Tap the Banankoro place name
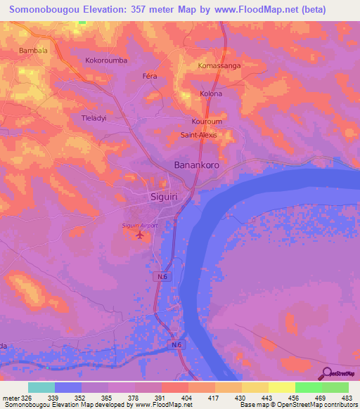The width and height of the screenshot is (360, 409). [x=197, y=165]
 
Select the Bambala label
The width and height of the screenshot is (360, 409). [x=33, y=51]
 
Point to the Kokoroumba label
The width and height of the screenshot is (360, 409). [x=106, y=60]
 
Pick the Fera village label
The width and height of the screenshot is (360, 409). [x=149, y=75]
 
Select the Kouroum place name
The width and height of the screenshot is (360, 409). [x=206, y=121]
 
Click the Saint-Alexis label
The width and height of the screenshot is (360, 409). [x=199, y=134]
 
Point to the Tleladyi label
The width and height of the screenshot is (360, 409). [x=94, y=118]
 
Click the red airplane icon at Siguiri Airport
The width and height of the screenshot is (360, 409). [x=139, y=235]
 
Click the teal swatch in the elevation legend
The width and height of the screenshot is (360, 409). [x=41, y=387]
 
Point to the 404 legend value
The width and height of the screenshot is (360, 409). [x=188, y=398]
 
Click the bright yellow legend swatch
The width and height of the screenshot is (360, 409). [x=281, y=387]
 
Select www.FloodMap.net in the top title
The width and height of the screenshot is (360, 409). [x=251, y=10]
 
